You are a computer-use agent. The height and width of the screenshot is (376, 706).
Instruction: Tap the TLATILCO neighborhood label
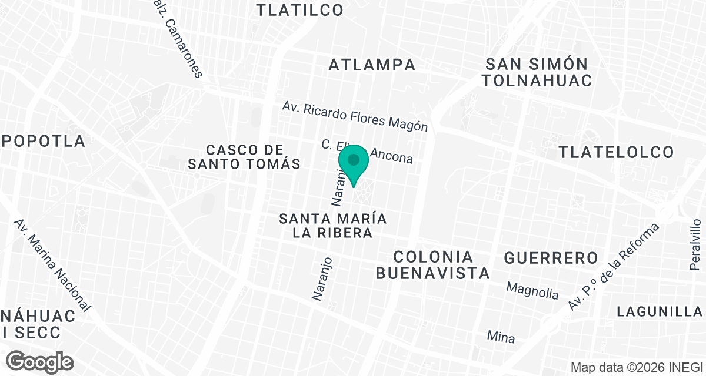(x=300, y=10)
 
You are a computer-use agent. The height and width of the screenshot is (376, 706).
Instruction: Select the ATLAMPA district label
(x=372, y=65)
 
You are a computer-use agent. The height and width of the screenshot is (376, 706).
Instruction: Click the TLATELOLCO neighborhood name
(x=616, y=153)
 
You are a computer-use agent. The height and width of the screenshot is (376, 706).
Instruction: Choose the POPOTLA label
(x=43, y=142)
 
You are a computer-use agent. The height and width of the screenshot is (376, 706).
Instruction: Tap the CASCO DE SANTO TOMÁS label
(x=244, y=157)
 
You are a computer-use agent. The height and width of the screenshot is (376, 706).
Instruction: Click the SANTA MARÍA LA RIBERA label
(x=333, y=226)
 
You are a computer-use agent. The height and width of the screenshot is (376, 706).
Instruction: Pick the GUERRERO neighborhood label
(x=551, y=258)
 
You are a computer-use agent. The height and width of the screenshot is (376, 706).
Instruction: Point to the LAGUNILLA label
(x=660, y=312)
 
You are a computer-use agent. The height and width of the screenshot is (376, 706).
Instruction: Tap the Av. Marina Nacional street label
(x=52, y=266)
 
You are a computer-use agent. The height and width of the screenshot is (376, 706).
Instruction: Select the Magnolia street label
(x=532, y=290)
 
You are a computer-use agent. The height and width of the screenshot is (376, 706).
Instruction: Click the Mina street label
(x=501, y=337)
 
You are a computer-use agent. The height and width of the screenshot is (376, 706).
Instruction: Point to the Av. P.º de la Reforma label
(x=614, y=267)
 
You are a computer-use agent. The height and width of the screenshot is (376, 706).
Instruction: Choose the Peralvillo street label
(x=695, y=244)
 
